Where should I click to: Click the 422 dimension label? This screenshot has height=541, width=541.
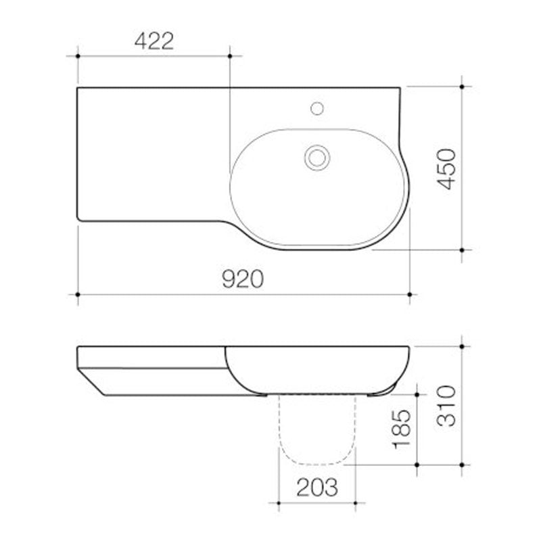pyautogui.click(x=154, y=42)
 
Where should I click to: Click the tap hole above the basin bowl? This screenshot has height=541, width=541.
pyautogui.click(x=316, y=107)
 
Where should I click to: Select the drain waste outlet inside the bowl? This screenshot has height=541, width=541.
pyautogui.click(x=316, y=157)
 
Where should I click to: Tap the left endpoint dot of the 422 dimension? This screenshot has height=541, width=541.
pyautogui.click(x=78, y=55)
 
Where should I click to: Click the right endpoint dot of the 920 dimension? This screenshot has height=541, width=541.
pyautogui.click(x=410, y=294)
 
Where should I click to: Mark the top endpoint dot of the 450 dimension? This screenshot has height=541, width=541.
pyautogui.click(x=463, y=87)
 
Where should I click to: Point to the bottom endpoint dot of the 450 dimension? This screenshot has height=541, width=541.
pyautogui.click(x=463, y=250)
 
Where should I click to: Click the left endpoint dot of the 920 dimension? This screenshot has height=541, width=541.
pyautogui.click(x=78, y=294)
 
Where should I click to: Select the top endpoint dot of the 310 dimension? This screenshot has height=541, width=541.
pyautogui.click(x=463, y=346)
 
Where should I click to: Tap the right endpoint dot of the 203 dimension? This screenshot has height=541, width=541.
pyautogui.click(x=354, y=502)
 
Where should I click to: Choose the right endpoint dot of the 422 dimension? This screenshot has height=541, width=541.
pyautogui.click(x=230, y=55)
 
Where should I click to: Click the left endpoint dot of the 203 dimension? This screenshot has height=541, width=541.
pyautogui.click(x=278, y=502)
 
